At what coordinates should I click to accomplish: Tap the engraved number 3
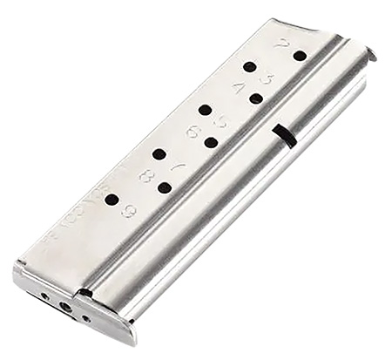(267, 80)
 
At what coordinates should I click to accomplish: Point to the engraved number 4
(238, 87)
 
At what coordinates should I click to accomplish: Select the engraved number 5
(220, 122)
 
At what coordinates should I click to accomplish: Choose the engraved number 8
(145, 178)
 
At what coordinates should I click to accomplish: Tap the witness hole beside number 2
(300, 55)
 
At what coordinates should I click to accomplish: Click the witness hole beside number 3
(249, 66)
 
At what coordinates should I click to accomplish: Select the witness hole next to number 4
(256, 98)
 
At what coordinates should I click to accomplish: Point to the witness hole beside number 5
(205, 110)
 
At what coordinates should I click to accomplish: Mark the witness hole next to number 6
(211, 142)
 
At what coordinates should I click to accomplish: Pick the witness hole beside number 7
(159, 154)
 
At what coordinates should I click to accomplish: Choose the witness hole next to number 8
(164, 187)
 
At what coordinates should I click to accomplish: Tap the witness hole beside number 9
(112, 200)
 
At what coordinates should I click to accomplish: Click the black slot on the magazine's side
(282, 132)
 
